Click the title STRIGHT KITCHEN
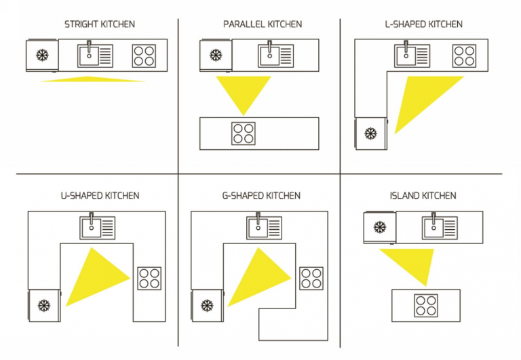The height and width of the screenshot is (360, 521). click(x=100, y=24)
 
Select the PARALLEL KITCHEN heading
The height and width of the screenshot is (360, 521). click(x=263, y=24)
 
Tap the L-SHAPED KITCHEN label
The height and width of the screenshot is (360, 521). click(x=423, y=24)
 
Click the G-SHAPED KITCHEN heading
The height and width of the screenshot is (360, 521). click(x=261, y=196)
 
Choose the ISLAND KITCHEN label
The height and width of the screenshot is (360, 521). click(x=423, y=196)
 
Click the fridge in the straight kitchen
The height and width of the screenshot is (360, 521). click(x=42, y=55)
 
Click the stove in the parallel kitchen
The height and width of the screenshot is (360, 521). click(x=243, y=133)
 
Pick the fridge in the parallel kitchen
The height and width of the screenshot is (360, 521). click(x=216, y=55)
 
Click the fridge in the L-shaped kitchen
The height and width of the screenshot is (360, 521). click(x=370, y=134)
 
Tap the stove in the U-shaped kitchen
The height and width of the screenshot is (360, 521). click(x=149, y=278)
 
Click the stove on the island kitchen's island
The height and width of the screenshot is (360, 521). click(x=427, y=305)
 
